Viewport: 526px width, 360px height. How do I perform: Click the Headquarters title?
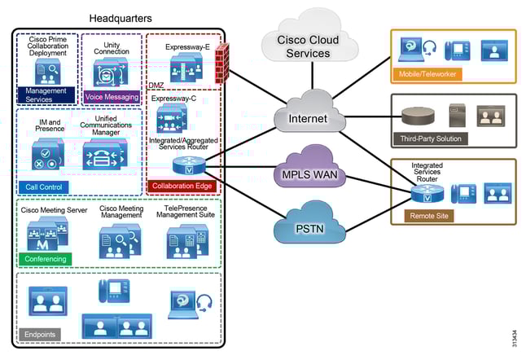121,17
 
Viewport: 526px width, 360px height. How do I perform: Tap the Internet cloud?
309,119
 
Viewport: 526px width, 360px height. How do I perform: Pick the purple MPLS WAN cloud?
309,173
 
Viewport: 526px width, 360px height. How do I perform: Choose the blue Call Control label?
43,187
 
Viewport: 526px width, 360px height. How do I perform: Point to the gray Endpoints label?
40,333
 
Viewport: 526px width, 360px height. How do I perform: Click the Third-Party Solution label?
430,138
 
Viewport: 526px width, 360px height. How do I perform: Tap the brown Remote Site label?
427,215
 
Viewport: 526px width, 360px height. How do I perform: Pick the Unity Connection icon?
111,71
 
